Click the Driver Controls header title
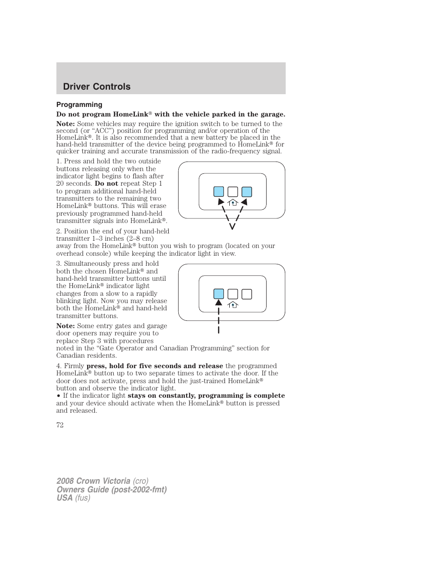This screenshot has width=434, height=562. click(96, 86)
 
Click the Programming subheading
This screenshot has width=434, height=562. click(79, 105)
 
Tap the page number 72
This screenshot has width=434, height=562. click(60, 425)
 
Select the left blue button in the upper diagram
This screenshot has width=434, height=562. click(219, 192)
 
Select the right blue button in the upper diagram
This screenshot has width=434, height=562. click(247, 192)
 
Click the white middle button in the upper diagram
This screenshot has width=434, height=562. click(233, 192)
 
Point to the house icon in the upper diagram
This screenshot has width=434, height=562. click(233, 203)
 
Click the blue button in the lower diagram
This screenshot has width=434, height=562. click(219, 294)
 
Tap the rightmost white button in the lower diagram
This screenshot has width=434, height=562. click(247, 294)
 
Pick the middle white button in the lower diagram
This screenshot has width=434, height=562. click(233, 294)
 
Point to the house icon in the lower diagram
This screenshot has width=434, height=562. click(233, 305)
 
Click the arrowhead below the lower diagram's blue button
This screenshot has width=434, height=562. click(219, 303)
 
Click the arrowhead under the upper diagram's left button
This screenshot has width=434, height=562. click(221, 202)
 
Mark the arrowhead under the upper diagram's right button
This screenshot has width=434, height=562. click(244, 202)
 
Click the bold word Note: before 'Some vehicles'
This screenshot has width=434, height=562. click(66, 124)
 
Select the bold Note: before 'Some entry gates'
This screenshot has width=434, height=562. click(66, 326)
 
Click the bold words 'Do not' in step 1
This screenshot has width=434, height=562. click(106, 183)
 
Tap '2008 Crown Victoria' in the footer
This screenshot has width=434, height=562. click(93, 481)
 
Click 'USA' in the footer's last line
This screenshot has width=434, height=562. click(65, 498)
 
